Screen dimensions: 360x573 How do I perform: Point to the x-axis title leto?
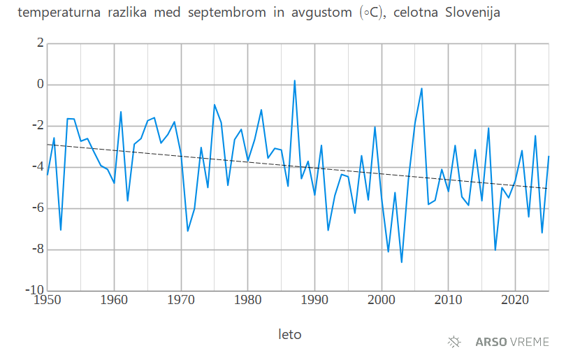[290, 334]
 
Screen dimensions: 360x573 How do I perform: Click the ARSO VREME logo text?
[512, 342]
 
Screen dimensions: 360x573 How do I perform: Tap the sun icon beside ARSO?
[455, 342]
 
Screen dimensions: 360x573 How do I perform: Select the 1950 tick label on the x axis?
[48, 301]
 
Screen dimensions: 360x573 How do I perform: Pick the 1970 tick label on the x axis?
[181, 301]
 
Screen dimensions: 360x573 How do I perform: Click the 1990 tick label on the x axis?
[314, 301]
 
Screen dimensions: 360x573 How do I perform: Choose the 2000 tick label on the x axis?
[382, 301]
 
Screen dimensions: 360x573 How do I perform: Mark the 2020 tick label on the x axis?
[515, 301]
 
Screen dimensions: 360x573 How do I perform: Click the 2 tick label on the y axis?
[40, 43]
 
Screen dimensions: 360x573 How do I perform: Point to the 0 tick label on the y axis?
[40, 85]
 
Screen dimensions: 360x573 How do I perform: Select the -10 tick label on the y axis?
[35, 290]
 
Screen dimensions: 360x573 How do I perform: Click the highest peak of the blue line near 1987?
[294, 80]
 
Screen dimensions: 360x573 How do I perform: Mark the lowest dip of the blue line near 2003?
[402, 262]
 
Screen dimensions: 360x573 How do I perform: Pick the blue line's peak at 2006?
[421, 88]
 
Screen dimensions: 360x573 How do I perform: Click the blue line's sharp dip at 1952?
[61, 230]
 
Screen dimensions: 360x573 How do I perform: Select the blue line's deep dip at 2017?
[495, 250]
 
